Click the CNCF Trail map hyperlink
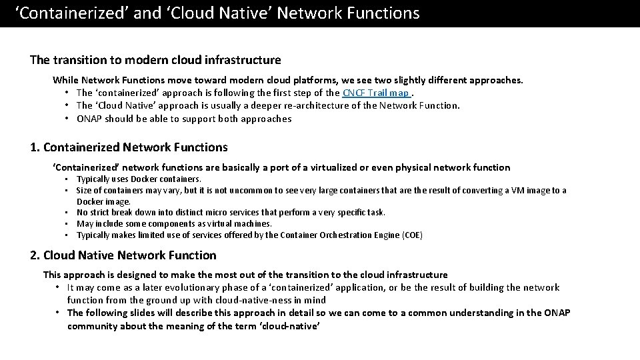(x=376, y=93)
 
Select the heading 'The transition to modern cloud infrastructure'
(x=155, y=60)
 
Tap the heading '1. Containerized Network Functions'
(x=129, y=147)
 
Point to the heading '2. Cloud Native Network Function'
(x=123, y=255)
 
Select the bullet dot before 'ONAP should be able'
(x=68, y=119)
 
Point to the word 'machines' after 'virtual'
(x=255, y=223)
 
